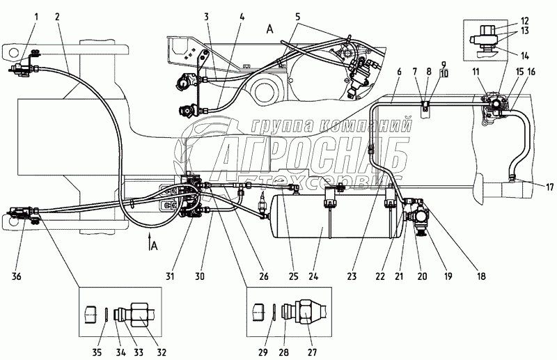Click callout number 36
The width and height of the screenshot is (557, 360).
pos(17,276)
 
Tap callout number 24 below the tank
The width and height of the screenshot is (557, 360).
pos(322,276)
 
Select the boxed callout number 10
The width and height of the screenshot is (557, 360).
pos(444,74)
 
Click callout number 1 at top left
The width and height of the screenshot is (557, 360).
pos(37,16)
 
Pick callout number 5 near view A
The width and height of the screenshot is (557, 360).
pos(298,16)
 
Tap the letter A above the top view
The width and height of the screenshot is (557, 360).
pos(270,30)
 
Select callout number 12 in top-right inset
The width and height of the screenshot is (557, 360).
pos(525,22)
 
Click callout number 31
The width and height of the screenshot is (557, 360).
pos(170,276)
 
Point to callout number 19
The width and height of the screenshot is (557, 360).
pos(448,276)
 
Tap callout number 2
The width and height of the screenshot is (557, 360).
pos(58,16)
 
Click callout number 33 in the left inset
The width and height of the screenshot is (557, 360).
pos(139,352)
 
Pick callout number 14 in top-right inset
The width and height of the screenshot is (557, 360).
pos(525,56)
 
